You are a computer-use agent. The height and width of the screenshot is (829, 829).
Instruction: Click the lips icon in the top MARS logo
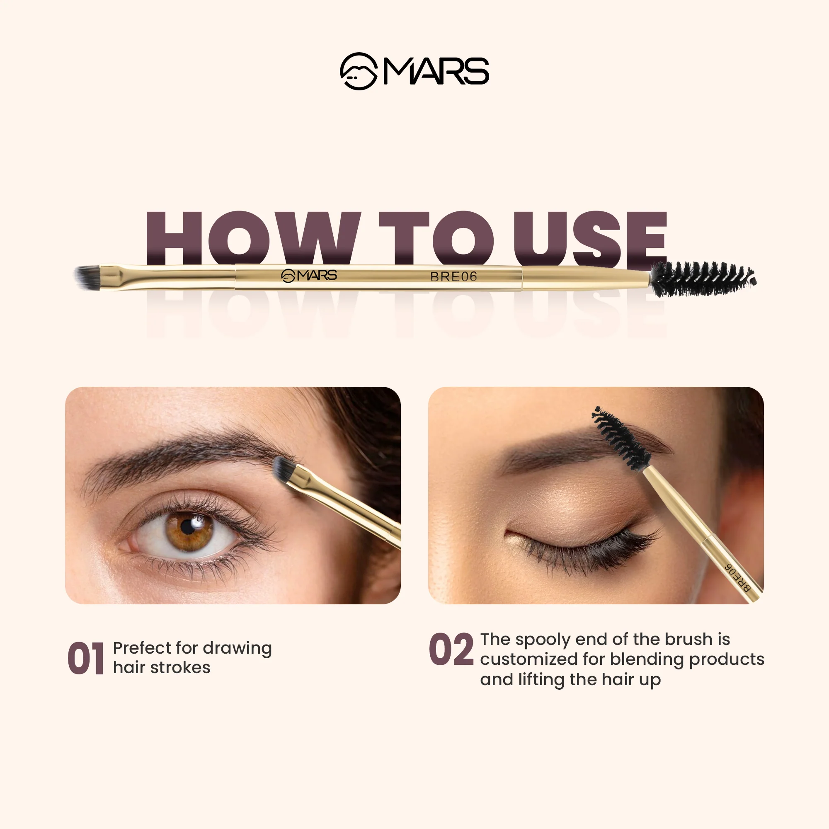(x=359, y=71)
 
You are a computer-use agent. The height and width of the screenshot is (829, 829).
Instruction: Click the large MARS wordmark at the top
(x=436, y=71)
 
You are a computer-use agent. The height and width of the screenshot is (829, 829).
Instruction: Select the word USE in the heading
(x=590, y=238)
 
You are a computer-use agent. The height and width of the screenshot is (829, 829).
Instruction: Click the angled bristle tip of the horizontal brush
(x=87, y=278)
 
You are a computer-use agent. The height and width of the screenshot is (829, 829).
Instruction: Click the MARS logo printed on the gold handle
(x=309, y=276)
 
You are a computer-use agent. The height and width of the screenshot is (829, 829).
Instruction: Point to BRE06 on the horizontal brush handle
(x=453, y=277)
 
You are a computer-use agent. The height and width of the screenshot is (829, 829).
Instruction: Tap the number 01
(x=86, y=658)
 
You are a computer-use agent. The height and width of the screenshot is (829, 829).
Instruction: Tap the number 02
(x=451, y=650)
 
